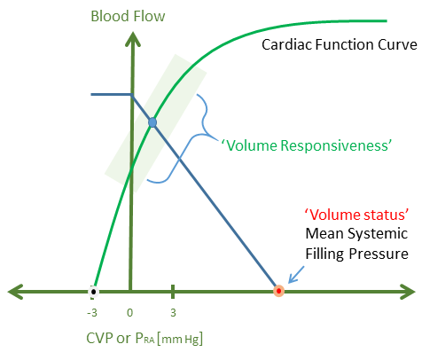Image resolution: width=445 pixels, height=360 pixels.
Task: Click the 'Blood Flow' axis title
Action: click(x=132, y=15)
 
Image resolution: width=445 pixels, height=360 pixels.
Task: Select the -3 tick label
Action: click(x=91, y=313)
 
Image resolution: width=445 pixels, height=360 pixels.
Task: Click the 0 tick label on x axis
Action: click(x=130, y=313)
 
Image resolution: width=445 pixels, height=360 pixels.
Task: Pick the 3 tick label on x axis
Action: click(x=172, y=313)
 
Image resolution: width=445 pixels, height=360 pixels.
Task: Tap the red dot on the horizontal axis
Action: click(x=278, y=290)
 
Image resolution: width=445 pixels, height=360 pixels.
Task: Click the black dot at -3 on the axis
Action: click(x=93, y=290)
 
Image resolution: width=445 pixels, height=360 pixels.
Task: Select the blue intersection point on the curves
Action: click(x=152, y=121)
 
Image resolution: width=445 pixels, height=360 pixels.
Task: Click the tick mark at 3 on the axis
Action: click(x=172, y=290)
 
